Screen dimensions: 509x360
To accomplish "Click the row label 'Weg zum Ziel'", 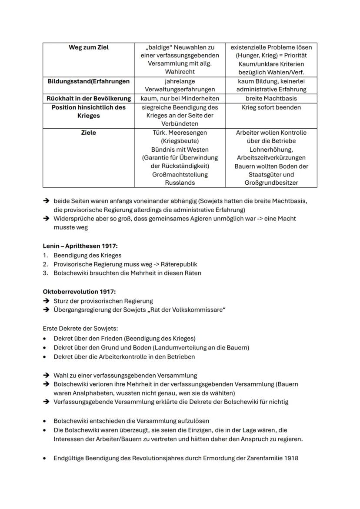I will click(88, 47).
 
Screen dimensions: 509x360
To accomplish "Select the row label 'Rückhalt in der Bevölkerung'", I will click(88, 98).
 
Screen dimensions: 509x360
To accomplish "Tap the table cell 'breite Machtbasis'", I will click(271, 98).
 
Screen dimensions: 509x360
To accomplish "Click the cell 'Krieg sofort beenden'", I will click(271, 107).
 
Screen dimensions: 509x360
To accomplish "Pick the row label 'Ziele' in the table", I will click(88, 133).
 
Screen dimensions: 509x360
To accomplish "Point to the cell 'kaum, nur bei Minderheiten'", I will click(180, 98).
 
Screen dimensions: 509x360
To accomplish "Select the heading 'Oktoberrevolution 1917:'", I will click(79, 291).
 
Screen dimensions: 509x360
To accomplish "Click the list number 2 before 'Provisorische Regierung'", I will click(45, 264).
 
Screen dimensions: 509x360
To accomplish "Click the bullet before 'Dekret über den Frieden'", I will click(45, 339).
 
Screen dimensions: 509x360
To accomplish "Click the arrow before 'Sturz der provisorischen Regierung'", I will click(46, 301).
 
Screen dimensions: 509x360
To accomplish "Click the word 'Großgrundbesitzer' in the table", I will click(271, 183).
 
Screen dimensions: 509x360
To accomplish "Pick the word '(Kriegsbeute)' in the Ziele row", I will click(180, 141).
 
